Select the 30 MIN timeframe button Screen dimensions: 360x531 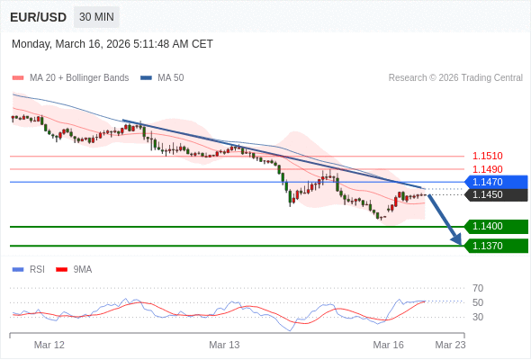tap(96, 17)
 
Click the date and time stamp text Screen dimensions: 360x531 tap(112, 44)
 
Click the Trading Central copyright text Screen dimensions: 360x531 tap(455, 78)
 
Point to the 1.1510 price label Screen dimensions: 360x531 tap(487, 156)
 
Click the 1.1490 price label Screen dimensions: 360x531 tap(487, 169)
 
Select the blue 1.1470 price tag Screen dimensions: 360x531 tap(495, 182)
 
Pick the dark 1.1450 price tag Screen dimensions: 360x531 tap(495, 194)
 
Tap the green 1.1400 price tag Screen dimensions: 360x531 tap(495, 227)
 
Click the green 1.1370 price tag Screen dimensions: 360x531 tap(495, 246)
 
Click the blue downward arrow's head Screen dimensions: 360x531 tap(456, 240)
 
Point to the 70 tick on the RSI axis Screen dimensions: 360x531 tap(478, 288)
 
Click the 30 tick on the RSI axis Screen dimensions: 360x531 tap(478, 317)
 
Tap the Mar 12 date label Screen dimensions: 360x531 tap(49, 345)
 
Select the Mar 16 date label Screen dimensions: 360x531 tap(389, 345)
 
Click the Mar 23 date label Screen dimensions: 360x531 tap(450, 345)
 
